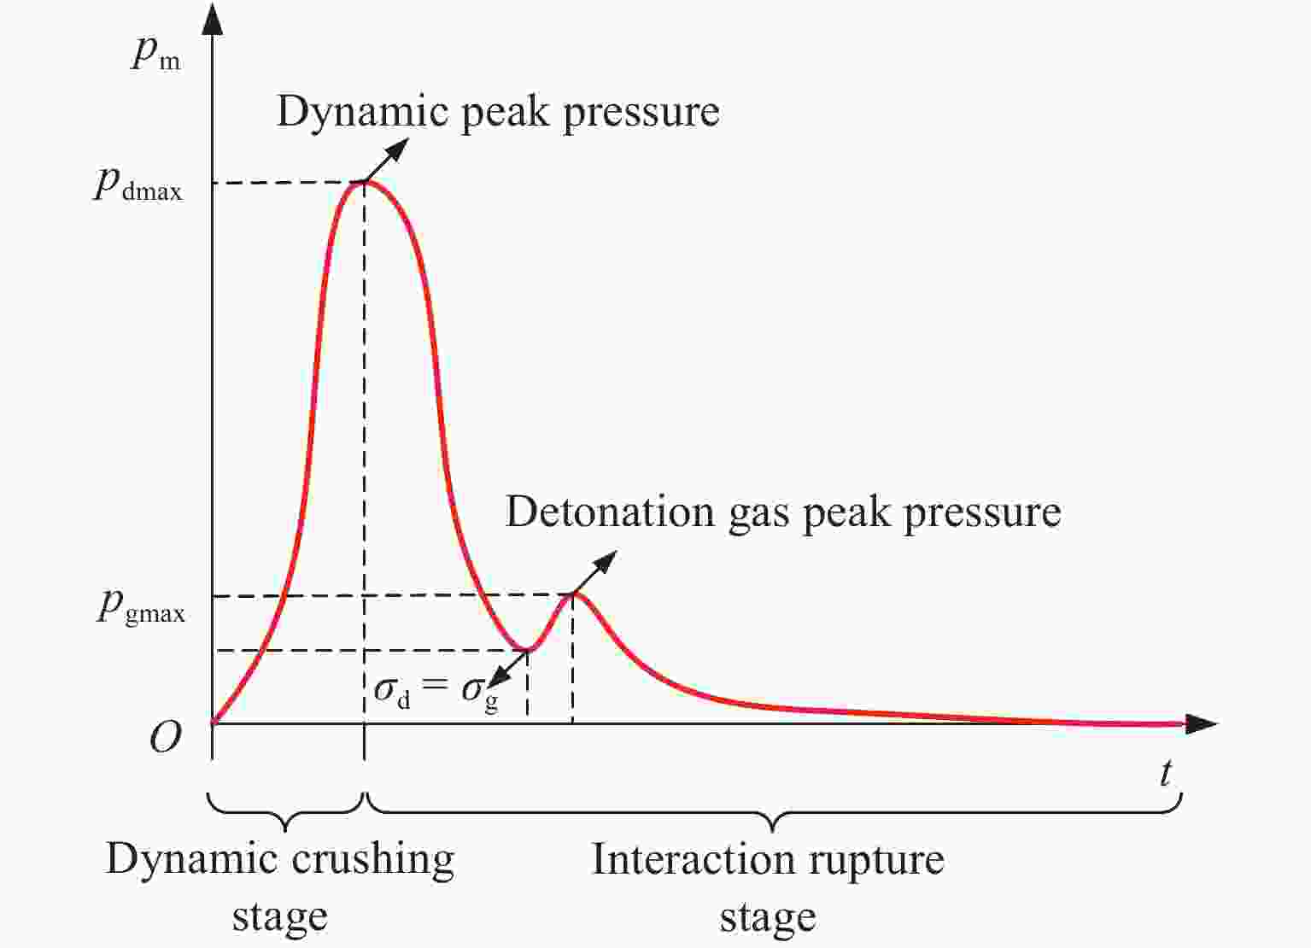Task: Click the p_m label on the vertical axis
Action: tap(155, 56)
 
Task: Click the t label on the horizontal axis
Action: tap(1167, 773)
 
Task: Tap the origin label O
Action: tap(165, 737)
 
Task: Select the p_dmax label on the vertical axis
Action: tap(138, 186)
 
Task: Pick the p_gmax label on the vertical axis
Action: tap(141, 608)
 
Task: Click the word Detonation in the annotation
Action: tap(610, 512)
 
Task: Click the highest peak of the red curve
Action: tap(364, 181)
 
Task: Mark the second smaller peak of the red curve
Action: tap(573, 594)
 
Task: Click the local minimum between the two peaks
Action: tap(528, 649)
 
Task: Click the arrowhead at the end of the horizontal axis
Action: tap(1201, 724)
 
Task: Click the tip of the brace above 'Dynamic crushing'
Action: tap(285, 830)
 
